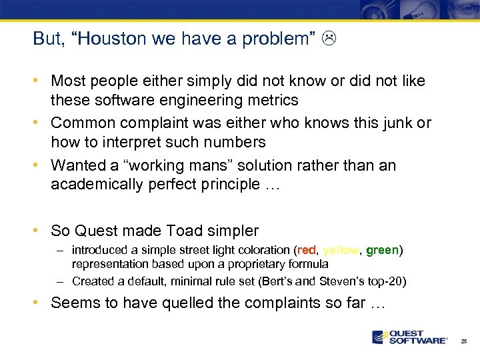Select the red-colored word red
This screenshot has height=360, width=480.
click(x=306, y=251)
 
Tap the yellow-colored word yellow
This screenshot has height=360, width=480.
click(x=341, y=251)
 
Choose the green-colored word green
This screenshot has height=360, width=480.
click(x=383, y=251)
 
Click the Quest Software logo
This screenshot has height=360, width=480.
click(x=410, y=337)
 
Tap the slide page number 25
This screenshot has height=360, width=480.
click(x=464, y=341)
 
